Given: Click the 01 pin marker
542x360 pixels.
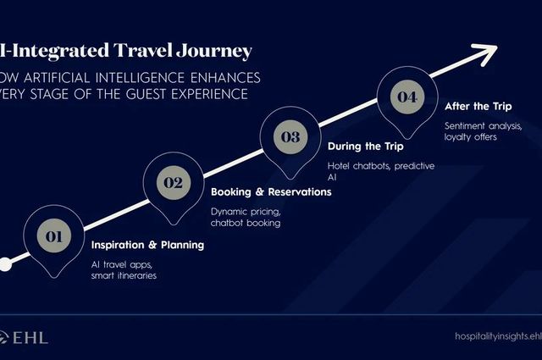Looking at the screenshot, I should tap(53, 238).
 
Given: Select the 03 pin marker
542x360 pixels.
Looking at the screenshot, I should tap(290, 136).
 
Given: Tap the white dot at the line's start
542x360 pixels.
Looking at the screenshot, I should tap(5, 264).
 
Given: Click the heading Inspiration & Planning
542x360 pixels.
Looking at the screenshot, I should tap(147, 246).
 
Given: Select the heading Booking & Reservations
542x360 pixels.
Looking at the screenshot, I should tap(270, 192).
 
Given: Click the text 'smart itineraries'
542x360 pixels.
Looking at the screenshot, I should tap(124, 276).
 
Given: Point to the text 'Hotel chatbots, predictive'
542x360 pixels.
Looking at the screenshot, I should tap(380, 166).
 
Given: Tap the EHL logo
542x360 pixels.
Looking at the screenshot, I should tap(25, 337).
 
